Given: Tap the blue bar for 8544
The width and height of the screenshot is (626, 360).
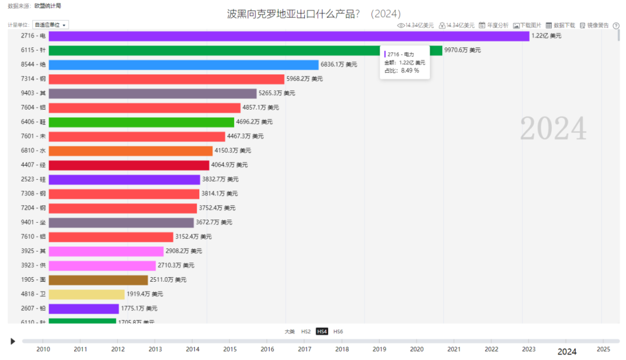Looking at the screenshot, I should pyautogui.click(x=183, y=65).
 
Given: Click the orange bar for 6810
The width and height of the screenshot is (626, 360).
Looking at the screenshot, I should pyautogui.click(x=130, y=151).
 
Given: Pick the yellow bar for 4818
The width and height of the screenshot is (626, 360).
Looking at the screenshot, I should pyautogui.click(x=86, y=294).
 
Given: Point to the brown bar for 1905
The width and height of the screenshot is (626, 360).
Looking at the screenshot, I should pyautogui.click(x=98, y=279).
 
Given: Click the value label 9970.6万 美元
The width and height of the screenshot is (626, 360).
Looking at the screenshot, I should pyautogui.click(x=463, y=50).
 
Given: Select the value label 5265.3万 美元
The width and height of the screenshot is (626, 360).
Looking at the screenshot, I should pyautogui.click(x=276, y=93).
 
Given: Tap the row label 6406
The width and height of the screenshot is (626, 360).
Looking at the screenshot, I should pyautogui.click(x=34, y=122).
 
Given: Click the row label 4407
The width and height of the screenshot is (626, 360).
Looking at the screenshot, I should pyautogui.click(x=34, y=165).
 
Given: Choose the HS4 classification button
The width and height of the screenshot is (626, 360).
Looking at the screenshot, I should pyautogui.click(x=322, y=332).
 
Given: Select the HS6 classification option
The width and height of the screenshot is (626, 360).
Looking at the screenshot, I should pyautogui.click(x=338, y=332).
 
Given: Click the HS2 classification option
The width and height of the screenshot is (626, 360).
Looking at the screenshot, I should pyautogui.click(x=305, y=332).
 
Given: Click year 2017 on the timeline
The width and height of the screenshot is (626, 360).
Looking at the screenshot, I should pyautogui.click(x=304, y=350).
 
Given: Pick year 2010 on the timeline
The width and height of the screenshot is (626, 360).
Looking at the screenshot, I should pyautogui.click(x=43, y=350).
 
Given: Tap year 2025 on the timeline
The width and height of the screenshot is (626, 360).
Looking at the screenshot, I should pyautogui.click(x=603, y=350).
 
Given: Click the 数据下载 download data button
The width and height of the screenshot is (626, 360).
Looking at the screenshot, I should pyautogui.click(x=561, y=26).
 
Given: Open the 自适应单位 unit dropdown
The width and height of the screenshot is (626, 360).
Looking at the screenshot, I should pyautogui.click(x=51, y=25).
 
